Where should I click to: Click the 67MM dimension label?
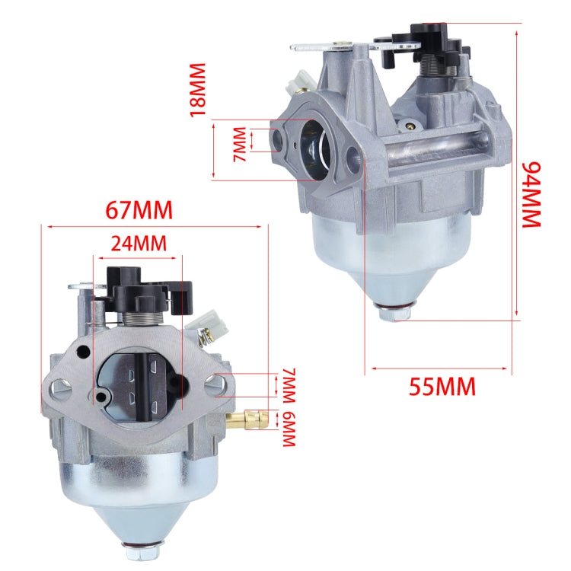tap(141, 208)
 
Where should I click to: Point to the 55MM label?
tap(442, 387)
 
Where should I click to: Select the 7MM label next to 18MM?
tap(240, 144)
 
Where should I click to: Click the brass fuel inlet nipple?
tap(250, 419)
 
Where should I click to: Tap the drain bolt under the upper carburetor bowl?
tap(396, 311)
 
